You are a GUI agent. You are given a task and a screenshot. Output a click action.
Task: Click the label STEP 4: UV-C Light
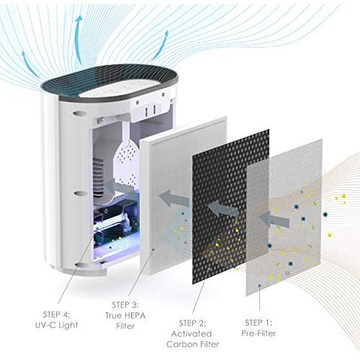[x=57, y=320]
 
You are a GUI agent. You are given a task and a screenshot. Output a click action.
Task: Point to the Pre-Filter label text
[x=258, y=333]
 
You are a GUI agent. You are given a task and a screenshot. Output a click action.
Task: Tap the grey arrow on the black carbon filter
[x=222, y=208]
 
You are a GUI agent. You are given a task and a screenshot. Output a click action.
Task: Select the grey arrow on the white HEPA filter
[x=174, y=198]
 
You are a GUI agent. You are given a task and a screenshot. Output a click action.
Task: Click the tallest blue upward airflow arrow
[x=78, y=38]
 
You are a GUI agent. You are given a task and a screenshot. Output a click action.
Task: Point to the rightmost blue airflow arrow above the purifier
[x=161, y=45]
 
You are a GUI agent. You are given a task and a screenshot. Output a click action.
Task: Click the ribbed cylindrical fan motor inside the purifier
[x=99, y=177]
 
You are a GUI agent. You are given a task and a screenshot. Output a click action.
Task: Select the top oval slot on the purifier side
[x=78, y=113]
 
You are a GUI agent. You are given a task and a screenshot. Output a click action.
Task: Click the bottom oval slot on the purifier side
[x=81, y=264]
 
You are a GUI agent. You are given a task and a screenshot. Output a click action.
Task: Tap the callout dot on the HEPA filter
[x=153, y=250]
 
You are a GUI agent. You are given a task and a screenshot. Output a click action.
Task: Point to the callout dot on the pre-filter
[x=259, y=286]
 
